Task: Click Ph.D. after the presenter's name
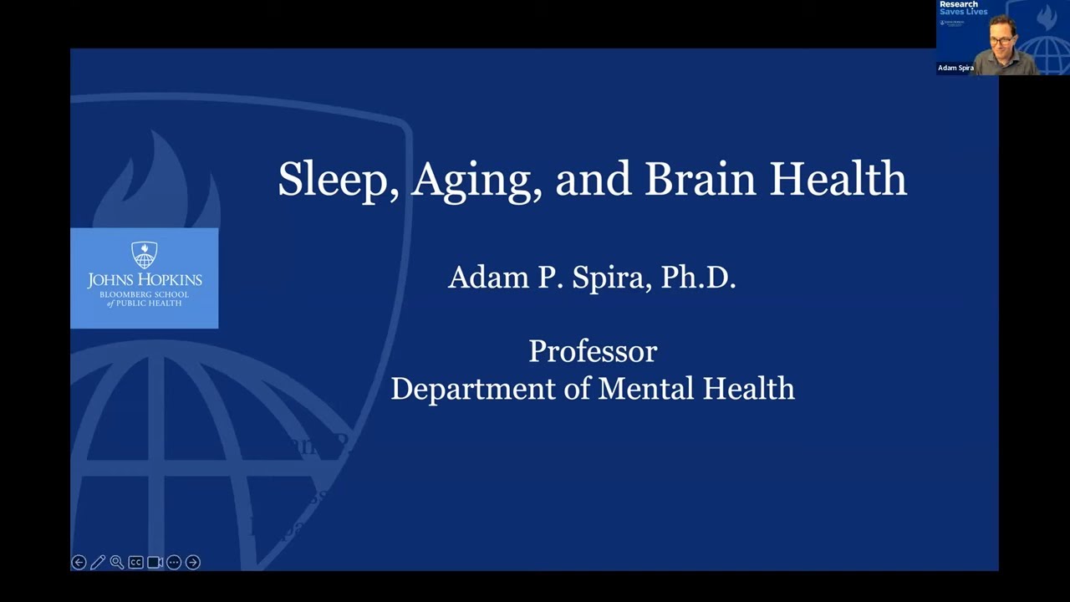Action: (x=698, y=278)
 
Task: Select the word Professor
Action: (x=593, y=351)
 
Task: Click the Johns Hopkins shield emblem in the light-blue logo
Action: (x=145, y=255)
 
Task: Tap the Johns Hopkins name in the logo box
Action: (x=145, y=279)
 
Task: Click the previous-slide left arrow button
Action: (x=79, y=563)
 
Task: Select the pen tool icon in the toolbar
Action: (x=98, y=563)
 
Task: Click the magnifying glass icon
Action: (x=117, y=563)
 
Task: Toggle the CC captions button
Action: (x=135, y=563)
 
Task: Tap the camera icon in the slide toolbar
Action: (x=155, y=563)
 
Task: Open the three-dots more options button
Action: (x=174, y=563)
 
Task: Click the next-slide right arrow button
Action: (x=193, y=563)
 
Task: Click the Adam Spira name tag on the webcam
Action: (x=955, y=68)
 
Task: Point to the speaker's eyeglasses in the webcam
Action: (x=1001, y=40)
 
